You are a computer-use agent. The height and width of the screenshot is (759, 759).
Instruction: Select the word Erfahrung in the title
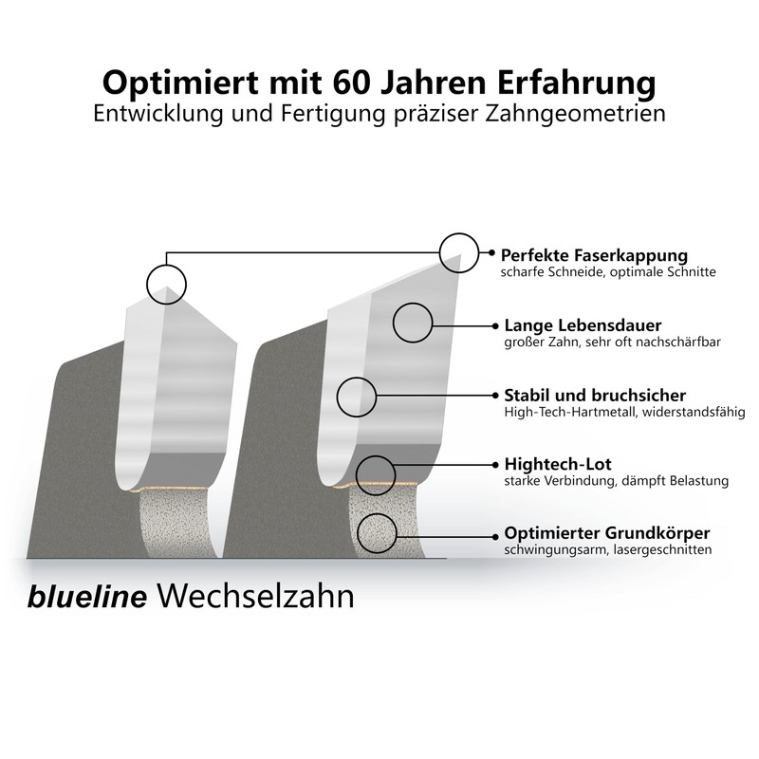pos(577,83)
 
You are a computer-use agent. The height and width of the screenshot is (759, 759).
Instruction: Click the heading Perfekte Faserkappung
pos(594,255)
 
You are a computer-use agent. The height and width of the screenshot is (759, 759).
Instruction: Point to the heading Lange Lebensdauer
pos(583,325)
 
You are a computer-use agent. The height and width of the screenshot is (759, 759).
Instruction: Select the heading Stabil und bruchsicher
pos(595,396)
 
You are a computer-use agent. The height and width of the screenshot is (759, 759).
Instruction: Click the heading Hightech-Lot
pos(558,464)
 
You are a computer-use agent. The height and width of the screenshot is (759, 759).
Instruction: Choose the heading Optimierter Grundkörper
pos(607,533)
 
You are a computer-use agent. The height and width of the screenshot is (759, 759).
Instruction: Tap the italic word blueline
pos(87,597)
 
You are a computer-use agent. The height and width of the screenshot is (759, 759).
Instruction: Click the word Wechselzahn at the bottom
pos(256,597)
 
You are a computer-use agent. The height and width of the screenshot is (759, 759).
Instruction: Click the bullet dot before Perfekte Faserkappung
pos(491,252)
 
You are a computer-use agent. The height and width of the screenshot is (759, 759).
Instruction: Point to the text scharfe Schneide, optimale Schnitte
pos(608,272)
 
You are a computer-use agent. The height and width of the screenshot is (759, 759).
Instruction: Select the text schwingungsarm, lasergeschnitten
pos(608,550)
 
